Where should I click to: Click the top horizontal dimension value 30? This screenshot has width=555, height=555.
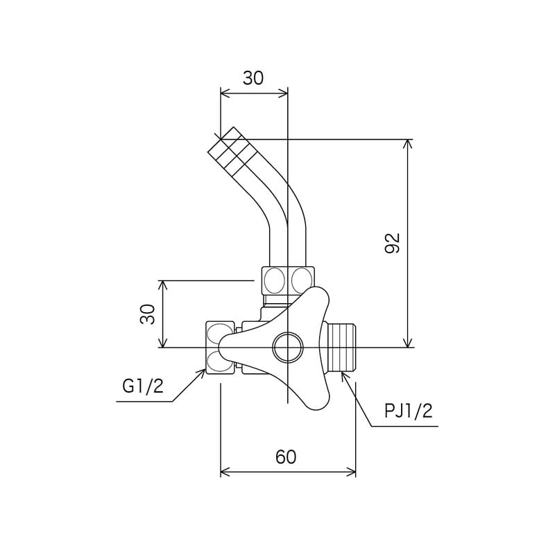point(253,78)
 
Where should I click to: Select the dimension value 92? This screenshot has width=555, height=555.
point(393,243)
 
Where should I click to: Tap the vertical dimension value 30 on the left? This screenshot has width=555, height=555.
point(146,314)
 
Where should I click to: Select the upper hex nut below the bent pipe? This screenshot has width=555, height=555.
point(287,280)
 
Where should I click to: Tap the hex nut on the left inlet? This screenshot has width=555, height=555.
point(221,347)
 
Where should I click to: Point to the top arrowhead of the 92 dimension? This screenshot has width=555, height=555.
point(407,144)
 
